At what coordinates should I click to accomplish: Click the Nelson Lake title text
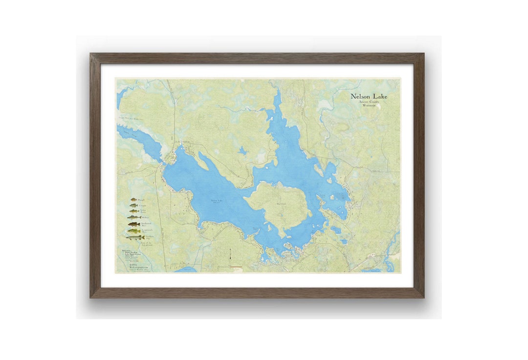369,96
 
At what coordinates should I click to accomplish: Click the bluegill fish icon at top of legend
133,199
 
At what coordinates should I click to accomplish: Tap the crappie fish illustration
134,206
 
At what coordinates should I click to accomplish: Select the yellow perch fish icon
134,212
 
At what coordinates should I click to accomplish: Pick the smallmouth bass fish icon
134,224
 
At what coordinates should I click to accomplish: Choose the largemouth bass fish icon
134,231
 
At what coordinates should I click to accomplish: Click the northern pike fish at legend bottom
134,237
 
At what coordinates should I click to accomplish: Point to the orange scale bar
229,267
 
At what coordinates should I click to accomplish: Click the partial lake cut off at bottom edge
186,269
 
